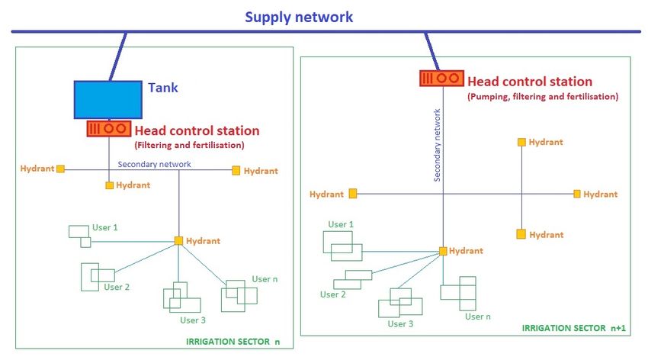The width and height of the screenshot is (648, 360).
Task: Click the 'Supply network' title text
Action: [299, 18]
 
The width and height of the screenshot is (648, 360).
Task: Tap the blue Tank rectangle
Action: [107, 100]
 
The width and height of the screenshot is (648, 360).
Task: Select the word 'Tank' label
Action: [163, 88]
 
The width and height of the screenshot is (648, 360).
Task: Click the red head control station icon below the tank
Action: [109, 129]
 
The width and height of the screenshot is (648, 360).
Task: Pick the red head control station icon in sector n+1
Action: [441, 78]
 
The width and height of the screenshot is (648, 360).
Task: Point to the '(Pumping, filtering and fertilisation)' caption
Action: [543, 97]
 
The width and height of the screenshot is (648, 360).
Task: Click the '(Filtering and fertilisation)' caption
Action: [189, 145]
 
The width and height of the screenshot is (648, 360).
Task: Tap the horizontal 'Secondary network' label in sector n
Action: [154, 164]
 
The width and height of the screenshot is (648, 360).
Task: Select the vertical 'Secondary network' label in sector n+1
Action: [438, 145]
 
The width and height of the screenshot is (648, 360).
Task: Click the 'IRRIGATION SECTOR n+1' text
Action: [573, 328]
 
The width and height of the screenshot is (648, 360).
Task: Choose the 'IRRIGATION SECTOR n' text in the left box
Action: [233, 342]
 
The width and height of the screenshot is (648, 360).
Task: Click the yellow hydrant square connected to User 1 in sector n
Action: [178, 240]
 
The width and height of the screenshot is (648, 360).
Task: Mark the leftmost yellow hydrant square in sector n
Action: [60, 169]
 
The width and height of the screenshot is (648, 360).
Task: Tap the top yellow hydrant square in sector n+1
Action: [521, 142]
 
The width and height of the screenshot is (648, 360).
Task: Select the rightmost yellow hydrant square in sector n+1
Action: [577, 194]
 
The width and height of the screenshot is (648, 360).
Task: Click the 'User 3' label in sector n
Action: [193, 320]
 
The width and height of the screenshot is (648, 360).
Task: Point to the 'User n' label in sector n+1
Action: [478, 317]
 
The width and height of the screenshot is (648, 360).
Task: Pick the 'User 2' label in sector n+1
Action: [332, 294]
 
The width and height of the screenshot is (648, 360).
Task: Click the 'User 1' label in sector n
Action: [105, 227]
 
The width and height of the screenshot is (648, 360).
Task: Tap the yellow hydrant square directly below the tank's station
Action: [109, 185]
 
